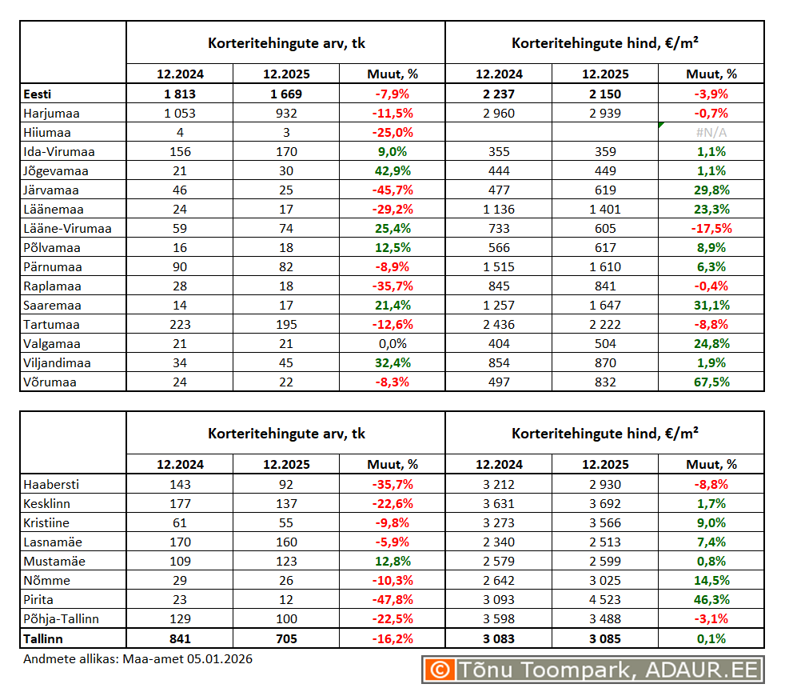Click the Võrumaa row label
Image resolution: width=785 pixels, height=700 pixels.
point(50,382)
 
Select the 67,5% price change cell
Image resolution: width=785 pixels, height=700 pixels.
point(711,382)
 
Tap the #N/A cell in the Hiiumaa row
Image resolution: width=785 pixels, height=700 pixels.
point(711,133)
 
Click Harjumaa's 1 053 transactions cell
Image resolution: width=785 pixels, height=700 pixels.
point(180,114)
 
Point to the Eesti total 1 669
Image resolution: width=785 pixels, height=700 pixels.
point(285,94)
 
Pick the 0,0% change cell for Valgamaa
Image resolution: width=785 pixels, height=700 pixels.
point(392,344)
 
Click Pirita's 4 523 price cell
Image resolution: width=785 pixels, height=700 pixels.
point(605,600)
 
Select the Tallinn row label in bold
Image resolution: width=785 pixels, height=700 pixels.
point(44,638)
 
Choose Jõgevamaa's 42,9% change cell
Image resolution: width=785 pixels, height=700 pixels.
point(392,171)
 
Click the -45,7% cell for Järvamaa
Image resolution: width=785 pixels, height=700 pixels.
point(392,190)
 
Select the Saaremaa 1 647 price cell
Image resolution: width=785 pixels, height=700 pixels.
point(605,306)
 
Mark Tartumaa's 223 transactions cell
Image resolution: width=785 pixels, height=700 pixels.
point(180,325)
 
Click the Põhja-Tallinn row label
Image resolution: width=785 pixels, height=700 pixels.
point(62,619)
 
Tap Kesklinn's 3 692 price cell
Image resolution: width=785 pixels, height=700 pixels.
point(605,504)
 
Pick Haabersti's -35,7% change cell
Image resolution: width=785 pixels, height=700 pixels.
point(392,485)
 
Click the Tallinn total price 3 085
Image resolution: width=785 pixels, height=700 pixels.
point(605,638)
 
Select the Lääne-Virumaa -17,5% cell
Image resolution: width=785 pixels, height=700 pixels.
point(711,229)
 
